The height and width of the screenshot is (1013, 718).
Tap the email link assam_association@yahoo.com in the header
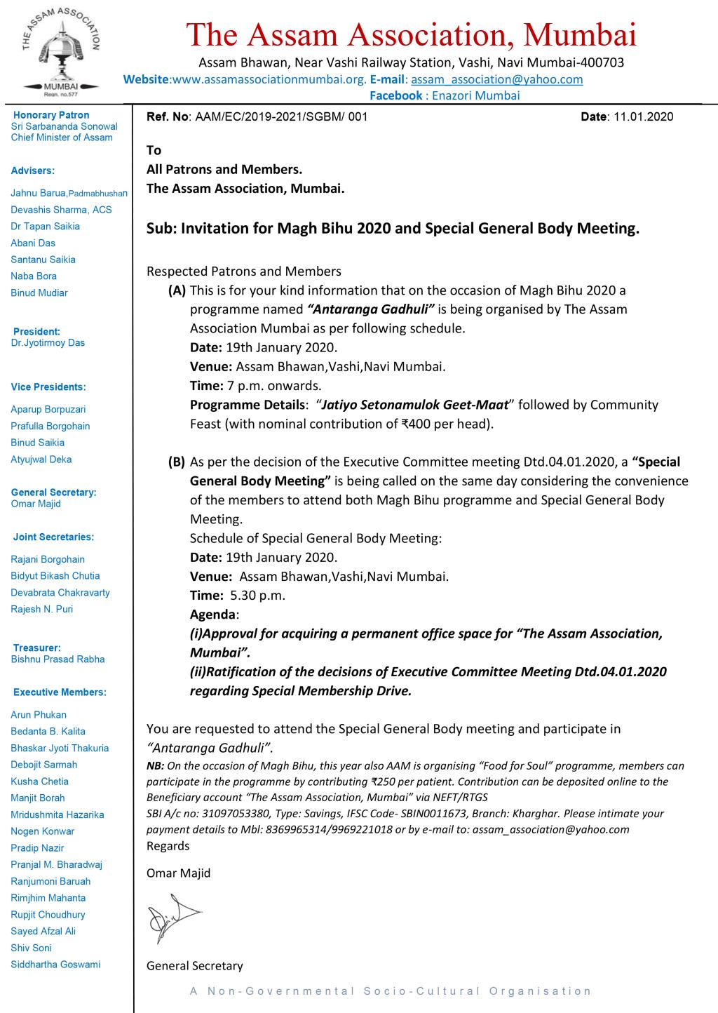coord(496,79)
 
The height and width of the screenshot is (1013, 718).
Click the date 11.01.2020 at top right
coord(643,116)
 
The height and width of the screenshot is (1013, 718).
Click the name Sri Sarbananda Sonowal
coord(64,126)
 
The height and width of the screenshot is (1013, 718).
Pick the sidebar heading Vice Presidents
coord(48,387)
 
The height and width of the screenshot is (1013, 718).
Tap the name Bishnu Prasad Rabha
coord(57,659)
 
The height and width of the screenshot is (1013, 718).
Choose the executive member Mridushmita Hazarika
coord(57,814)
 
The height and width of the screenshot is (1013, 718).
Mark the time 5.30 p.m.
coord(257,596)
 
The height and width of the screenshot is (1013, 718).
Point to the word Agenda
coord(213,615)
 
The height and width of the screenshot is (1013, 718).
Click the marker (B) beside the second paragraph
coord(176,462)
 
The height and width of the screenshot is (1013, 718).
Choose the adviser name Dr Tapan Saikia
coord(45,226)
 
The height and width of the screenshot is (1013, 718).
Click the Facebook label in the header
coord(395,95)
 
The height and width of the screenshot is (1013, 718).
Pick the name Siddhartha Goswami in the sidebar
coord(55,964)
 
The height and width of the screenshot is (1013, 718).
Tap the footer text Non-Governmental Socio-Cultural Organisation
coord(391,991)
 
